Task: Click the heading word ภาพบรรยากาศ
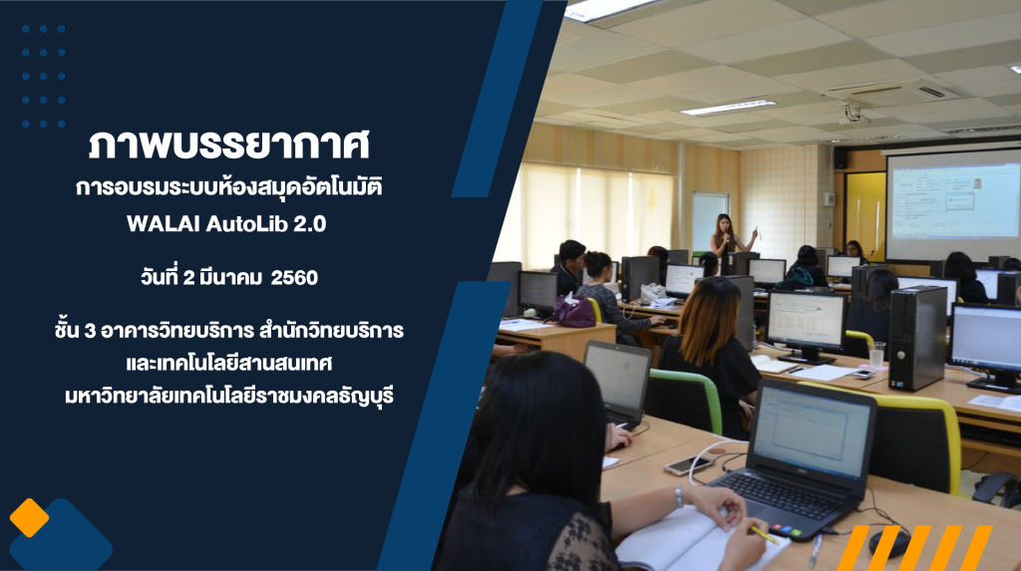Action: pyautogui.click(x=229, y=144)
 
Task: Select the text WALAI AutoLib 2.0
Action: pyautogui.click(x=226, y=224)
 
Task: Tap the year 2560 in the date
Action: pyautogui.click(x=294, y=278)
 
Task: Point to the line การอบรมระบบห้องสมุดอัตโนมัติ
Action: pyautogui.click(x=228, y=187)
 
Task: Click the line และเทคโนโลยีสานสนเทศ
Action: pyautogui.click(x=229, y=364)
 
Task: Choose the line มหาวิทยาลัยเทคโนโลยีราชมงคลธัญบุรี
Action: pyautogui.click(x=229, y=396)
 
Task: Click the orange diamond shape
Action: pyautogui.click(x=29, y=517)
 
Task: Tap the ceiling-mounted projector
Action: pyautogui.click(x=854, y=116)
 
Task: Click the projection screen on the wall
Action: pyautogui.click(x=953, y=204)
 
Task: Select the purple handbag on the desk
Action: pyautogui.click(x=573, y=311)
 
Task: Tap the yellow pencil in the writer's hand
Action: pyautogui.click(x=764, y=534)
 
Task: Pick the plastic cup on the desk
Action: pyautogui.click(x=876, y=356)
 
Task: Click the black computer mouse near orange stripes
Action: pyautogui.click(x=889, y=543)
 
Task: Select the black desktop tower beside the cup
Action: pyautogui.click(x=917, y=338)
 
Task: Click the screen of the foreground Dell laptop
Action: pyautogui.click(x=812, y=430)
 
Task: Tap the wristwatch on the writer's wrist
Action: pyautogui.click(x=678, y=497)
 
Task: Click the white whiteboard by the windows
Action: pyautogui.click(x=709, y=221)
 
